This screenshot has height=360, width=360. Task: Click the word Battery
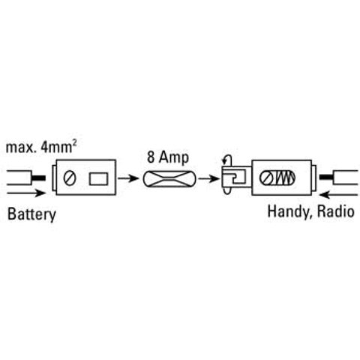[31, 214]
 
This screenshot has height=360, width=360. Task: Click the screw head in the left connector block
[70, 179]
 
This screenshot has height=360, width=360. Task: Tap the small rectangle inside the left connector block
[97, 179]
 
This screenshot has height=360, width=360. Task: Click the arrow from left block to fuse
[130, 179]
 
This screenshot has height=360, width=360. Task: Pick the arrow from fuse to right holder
[211, 179]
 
